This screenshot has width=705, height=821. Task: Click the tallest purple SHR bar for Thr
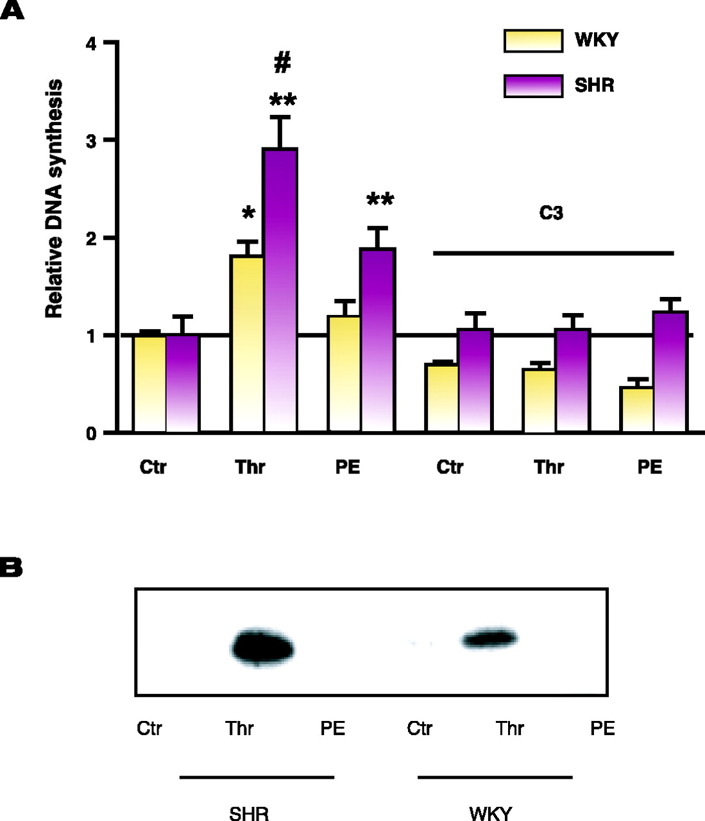click(280, 289)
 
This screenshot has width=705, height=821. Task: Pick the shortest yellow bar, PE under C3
click(637, 409)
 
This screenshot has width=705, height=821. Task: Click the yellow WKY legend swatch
click(533, 40)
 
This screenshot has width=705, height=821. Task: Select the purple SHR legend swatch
click(533, 86)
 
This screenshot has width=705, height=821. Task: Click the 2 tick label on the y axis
click(92, 239)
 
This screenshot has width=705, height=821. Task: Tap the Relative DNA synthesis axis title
click(55, 199)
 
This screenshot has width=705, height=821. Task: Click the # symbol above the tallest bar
click(282, 63)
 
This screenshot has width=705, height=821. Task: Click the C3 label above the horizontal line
click(551, 213)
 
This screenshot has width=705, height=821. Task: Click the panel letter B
click(12, 568)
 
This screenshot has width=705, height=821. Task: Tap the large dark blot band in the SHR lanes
click(262, 648)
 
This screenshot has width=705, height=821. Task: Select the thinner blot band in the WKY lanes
click(489, 639)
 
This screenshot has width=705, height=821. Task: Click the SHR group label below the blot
click(249, 813)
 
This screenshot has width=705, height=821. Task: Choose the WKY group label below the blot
click(491, 813)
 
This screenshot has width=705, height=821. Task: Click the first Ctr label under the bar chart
click(153, 467)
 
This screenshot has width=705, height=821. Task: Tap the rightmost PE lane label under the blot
click(602, 729)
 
